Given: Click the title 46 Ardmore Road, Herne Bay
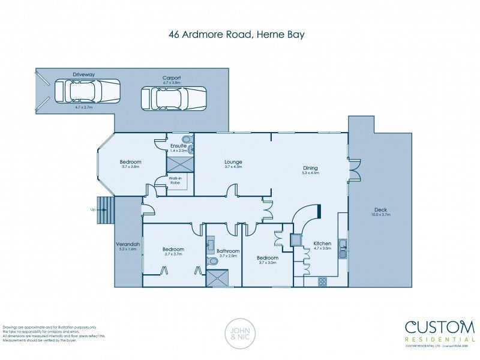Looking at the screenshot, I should click(236, 34).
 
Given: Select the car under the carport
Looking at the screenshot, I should click(173, 98).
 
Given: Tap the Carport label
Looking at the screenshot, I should click(172, 78).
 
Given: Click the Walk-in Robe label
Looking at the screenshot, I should click(175, 180).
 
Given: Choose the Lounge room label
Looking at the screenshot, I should click(233, 162).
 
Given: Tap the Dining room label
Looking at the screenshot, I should click(310, 168).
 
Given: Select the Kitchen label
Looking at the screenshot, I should click(322, 244).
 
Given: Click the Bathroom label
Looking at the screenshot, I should click(229, 251).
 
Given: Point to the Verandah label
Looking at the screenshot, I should click(128, 244).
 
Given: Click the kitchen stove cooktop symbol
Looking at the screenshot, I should click(322, 281).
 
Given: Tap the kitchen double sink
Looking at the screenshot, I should click(342, 248).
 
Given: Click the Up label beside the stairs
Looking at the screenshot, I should click(92, 210).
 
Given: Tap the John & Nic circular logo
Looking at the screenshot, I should click(239, 333).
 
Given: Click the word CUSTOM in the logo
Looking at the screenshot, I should click(440, 328).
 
